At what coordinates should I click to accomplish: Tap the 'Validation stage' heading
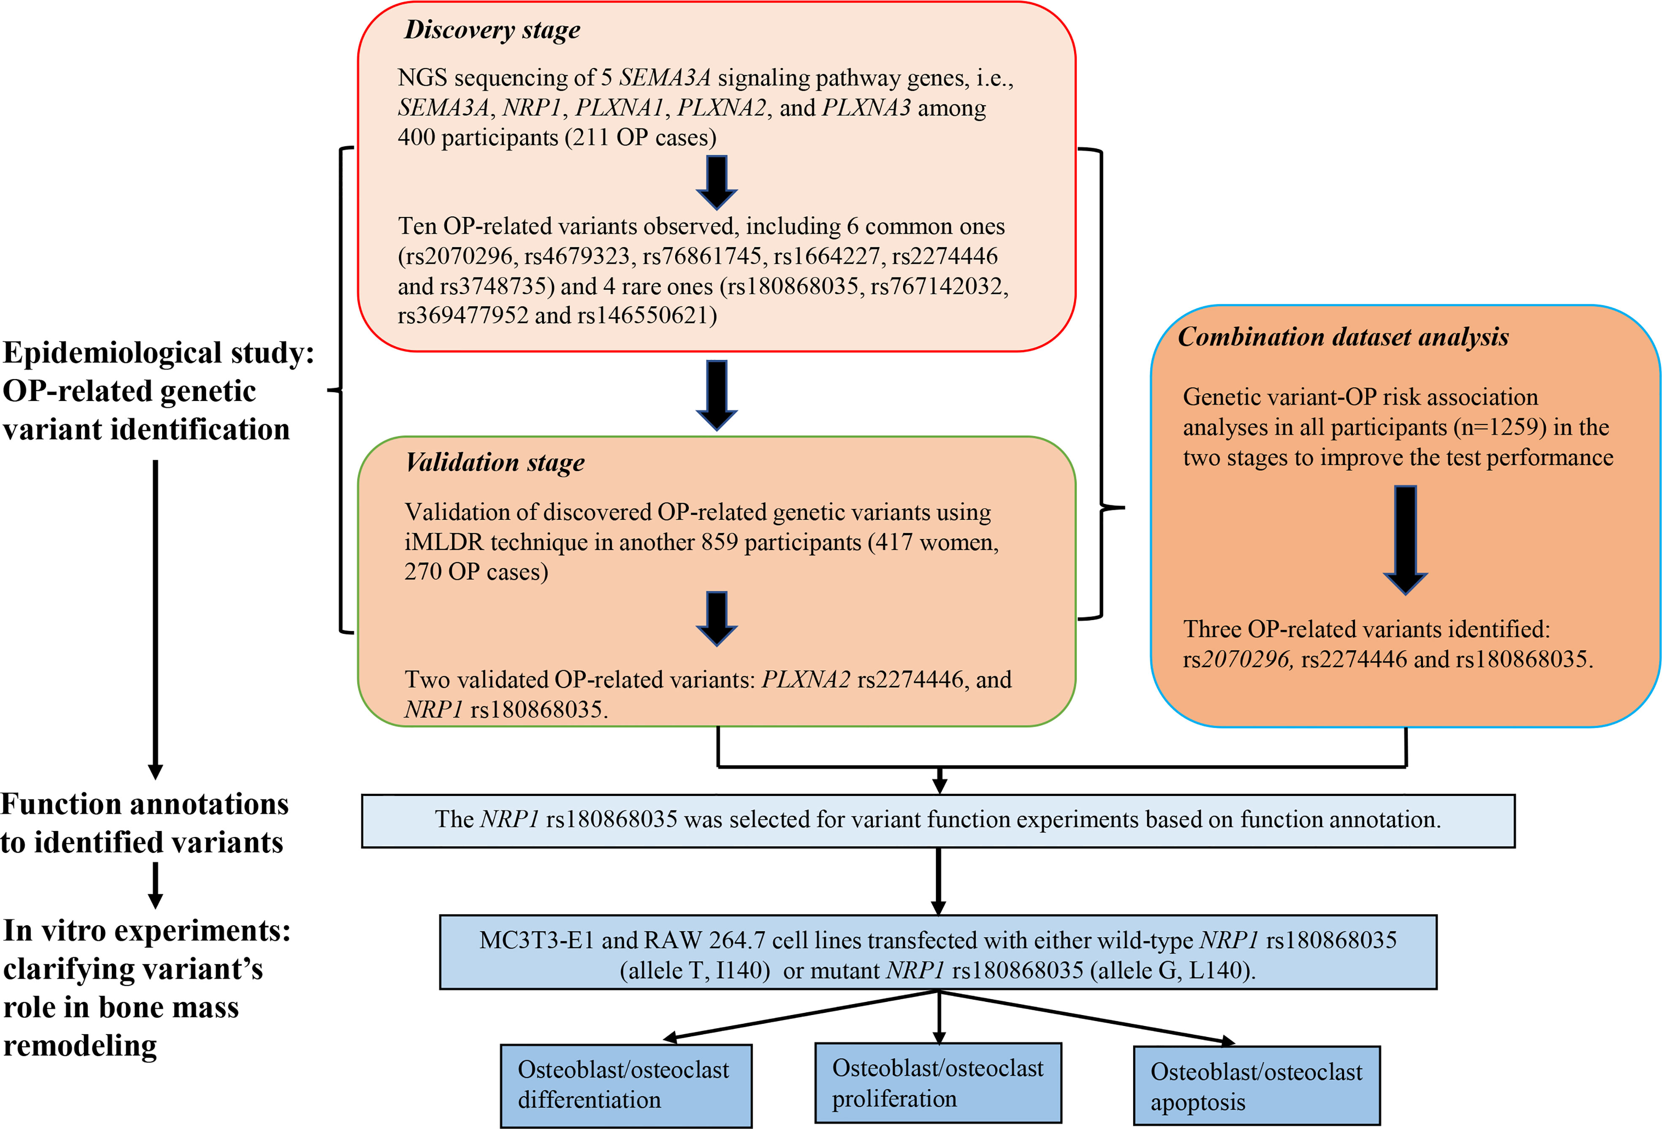494,463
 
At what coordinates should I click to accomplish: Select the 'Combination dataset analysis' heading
1343,337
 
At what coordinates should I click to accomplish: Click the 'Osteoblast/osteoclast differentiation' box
626,1086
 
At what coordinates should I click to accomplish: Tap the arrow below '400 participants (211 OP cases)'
716,182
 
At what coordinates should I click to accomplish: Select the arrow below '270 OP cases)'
716,618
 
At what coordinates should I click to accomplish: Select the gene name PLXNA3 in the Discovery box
866,107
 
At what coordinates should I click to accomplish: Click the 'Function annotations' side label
144,804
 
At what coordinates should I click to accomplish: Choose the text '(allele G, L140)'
1172,970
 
